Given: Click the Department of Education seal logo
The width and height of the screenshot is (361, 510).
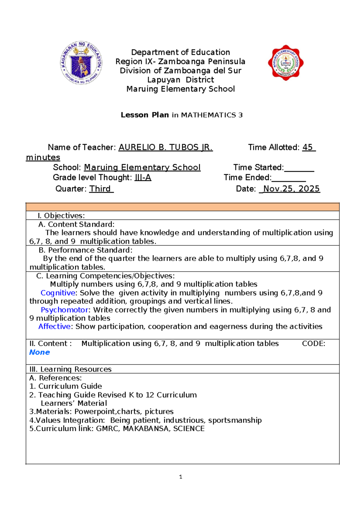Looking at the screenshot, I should click(81, 63).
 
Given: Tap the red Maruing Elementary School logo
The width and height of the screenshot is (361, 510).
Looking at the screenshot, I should click(285, 63).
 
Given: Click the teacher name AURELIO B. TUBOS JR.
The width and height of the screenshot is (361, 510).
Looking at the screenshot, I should click(165, 147).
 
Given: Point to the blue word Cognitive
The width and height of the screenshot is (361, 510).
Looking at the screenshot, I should click(58, 293).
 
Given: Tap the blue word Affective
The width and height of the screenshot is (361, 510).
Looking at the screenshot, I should click(54, 327).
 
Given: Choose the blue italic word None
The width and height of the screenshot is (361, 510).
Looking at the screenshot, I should click(39, 352).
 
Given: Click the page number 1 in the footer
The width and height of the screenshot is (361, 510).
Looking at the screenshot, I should click(180, 477).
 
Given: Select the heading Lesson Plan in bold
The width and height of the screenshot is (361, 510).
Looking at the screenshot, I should click(145, 115).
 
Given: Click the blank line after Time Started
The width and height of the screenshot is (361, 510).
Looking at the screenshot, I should click(299, 168).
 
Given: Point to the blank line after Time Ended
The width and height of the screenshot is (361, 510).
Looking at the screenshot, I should click(288, 178).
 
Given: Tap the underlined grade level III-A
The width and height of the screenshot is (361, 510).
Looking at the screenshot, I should click(143, 178).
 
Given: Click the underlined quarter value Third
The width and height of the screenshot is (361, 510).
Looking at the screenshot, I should click(101, 189).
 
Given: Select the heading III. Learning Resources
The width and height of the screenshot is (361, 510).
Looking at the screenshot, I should click(70, 369).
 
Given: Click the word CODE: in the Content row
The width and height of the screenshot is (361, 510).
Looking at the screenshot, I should click(313, 344).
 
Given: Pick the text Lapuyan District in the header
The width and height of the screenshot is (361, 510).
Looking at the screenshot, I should click(180, 80).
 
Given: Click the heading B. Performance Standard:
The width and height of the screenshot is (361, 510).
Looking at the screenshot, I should click(85, 250).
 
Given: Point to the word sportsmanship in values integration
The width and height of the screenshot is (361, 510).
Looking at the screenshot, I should click(235, 420).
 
